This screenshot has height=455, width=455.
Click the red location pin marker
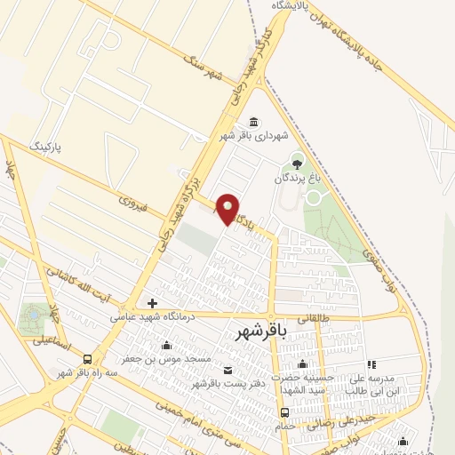point(227,210)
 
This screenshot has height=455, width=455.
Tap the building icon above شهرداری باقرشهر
point(254,123)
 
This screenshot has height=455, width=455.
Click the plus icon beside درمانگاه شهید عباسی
point(151,303)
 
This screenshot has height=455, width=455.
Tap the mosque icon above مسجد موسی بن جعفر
point(166,346)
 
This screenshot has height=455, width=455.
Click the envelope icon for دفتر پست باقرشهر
point(227,370)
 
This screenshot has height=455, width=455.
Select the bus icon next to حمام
point(284,412)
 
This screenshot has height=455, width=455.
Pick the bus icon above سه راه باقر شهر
point(87,359)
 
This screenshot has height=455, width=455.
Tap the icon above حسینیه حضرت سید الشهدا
point(302,363)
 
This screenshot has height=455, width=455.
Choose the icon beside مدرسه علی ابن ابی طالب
point(371,364)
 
